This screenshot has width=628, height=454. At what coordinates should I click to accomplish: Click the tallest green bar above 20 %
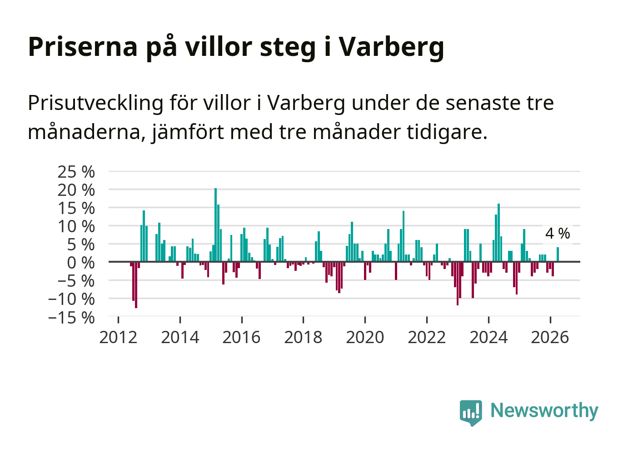point(215,225)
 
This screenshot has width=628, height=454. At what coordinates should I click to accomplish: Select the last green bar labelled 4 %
point(558,254)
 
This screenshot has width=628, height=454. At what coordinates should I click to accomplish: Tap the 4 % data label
point(558,233)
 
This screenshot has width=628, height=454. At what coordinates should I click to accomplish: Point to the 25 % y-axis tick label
point(76,172)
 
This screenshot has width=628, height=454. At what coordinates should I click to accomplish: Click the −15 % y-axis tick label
point(71,318)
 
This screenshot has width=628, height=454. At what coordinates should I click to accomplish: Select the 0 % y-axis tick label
point(81,263)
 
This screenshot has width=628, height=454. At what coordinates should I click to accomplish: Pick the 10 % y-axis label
point(76,227)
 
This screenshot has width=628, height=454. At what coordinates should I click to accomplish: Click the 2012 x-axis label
point(118,337)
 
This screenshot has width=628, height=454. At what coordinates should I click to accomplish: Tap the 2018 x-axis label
point(303,337)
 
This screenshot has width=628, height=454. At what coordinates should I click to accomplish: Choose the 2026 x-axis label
point(550,337)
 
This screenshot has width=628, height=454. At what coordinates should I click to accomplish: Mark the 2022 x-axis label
point(427,337)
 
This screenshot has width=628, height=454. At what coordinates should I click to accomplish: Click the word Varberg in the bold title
point(392,47)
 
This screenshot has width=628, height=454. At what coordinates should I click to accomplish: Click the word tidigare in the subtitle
point(447,132)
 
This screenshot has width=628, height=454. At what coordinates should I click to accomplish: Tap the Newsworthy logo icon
point(471,413)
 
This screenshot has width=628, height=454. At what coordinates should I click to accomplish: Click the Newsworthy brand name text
point(544,411)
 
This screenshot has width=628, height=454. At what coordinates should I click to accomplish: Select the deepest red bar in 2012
point(136,285)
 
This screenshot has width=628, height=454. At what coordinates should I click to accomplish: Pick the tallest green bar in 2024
point(499,233)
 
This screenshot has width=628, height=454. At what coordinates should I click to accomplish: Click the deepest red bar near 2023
point(458,284)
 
